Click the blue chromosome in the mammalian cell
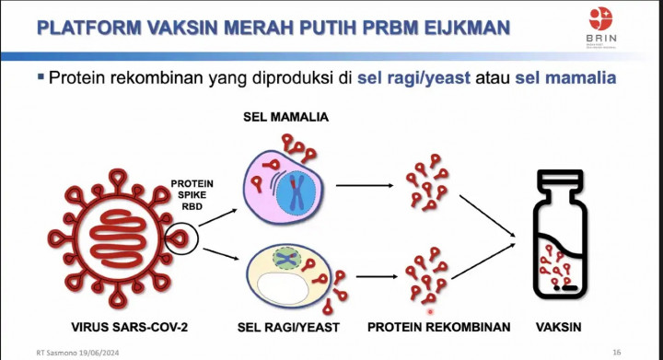pos(299,188)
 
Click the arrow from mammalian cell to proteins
pos(363,185)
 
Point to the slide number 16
pos(617,352)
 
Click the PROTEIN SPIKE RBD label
pos(192,195)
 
